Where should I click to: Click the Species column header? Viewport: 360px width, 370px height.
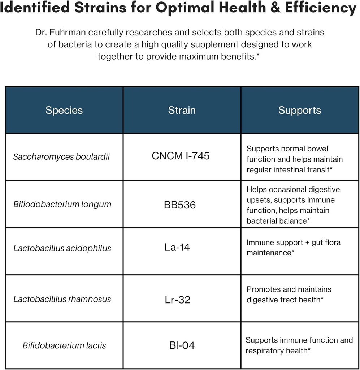pyautogui.click(x=64, y=110)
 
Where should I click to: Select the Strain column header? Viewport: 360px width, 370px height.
pyautogui.click(x=182, y=110)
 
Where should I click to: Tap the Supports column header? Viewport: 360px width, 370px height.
pyautogui.click(x=299, y=110)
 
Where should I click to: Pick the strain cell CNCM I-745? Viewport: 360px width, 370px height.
pyautogui.click(x=181, y=156)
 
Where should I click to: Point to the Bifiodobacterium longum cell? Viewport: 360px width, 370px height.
pyautogui.click(x=62, y=204)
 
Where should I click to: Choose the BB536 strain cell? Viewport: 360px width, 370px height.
pyautogui.click(x=180, y=205)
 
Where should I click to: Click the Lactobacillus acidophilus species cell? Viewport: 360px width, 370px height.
pyautogui.click(x=62, y=248)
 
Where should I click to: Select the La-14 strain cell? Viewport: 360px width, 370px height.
pyautogui.click(x=177, y=248)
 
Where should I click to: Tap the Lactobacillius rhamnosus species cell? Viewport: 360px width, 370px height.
pyautogui.click(x=62, y=299)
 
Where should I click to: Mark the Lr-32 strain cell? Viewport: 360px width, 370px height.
pyautogui.click(x=177, y=300)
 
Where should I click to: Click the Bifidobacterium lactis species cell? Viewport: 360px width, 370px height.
pyautogui.click(x=64, y=345)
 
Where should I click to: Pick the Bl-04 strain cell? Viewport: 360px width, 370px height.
pyautogui.click(x=182, y=345)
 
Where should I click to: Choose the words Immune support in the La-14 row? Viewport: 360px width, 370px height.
pyautogui.click(x=272, y=242)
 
